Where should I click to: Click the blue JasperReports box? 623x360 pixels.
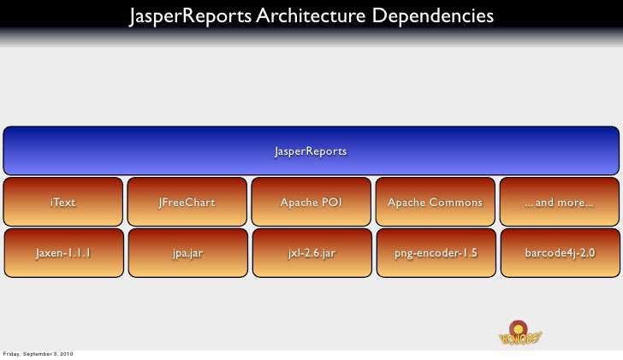311,151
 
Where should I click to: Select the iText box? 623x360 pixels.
62,203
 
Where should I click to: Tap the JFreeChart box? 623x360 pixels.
187,203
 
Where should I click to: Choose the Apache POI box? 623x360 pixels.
311,203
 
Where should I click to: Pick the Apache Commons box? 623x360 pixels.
435,203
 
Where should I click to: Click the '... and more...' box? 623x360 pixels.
559,203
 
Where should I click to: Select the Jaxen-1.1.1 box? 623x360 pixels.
62,253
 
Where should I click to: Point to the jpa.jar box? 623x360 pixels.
187,253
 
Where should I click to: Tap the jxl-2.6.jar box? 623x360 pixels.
311,253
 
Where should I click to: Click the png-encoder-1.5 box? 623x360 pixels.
435,253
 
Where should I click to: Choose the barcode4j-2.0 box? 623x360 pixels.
559,253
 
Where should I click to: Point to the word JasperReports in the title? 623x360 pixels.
189,16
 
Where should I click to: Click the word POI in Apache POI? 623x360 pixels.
331,203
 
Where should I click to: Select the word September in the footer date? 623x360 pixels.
37,354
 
